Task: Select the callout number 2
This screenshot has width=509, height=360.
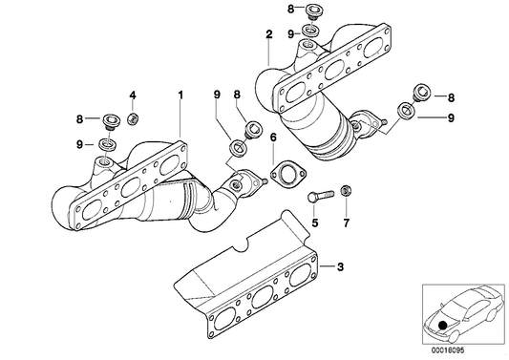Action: click(269, 34)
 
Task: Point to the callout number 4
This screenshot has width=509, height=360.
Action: click(133, 95)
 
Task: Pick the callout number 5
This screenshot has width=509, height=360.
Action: click(311, 224)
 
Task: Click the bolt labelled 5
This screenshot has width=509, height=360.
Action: click(319, 197)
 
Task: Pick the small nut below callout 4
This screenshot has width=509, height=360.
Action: click(133, 118)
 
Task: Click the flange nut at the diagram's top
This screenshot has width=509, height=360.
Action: click(309, 11)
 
